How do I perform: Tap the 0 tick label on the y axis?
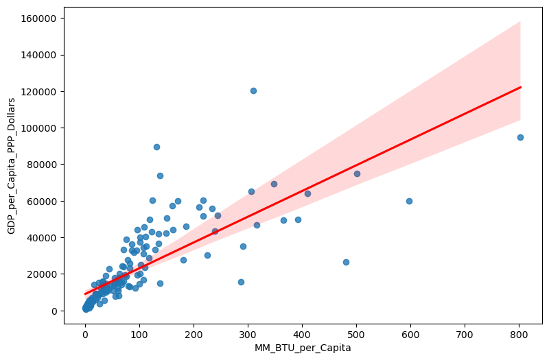tap(56, 311)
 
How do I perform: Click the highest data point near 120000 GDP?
tap(253, 91)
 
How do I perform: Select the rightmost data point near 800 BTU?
tap(520, 137)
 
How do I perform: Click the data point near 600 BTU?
tap(409, 201)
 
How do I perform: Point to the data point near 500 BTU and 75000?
tap(357, 173)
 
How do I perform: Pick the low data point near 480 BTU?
tap(346, 262)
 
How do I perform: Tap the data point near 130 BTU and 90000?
tap(156, 147)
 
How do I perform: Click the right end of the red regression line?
tap(520, 87)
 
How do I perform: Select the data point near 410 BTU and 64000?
tap(307, 193)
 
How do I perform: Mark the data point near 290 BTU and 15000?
tap(241, 282)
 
